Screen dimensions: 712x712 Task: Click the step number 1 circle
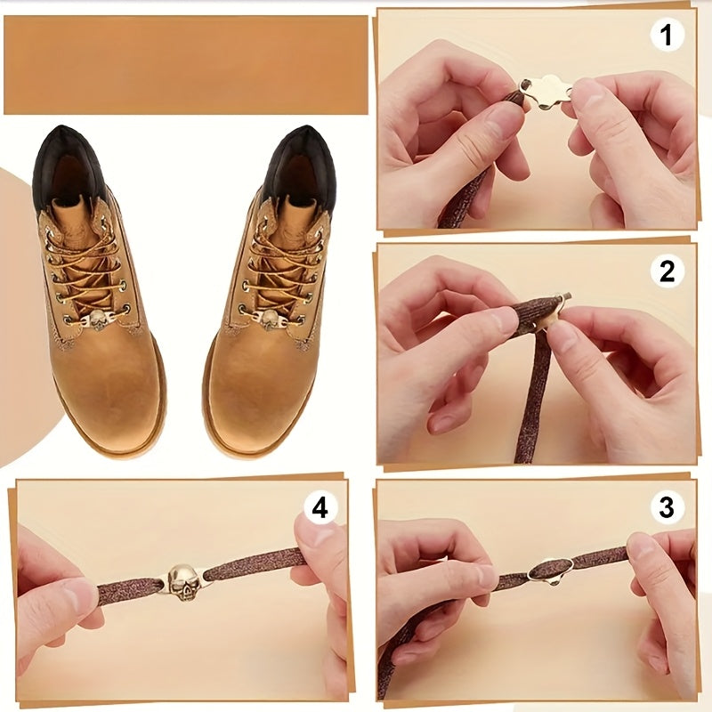click(667, 36)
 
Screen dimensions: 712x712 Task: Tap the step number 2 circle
click(667, 271)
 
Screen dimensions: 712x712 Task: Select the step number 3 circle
click(667, 508)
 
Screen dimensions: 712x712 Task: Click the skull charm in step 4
click(184, 581)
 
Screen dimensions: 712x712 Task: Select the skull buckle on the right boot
click(269, 318)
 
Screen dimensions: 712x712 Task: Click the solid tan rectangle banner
click(185, 65)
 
